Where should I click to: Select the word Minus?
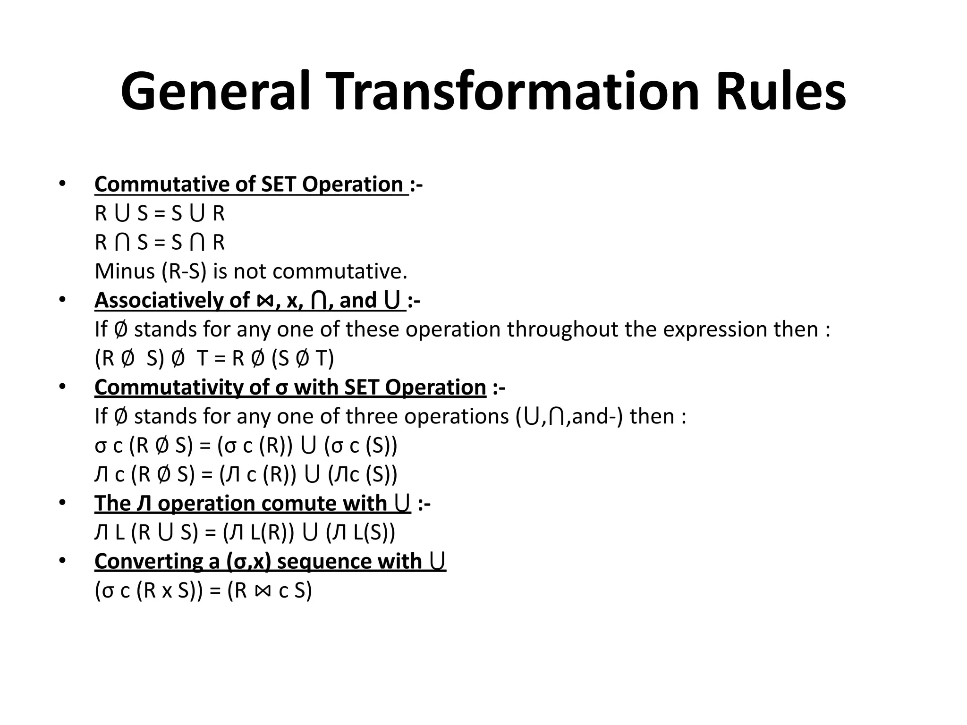pyautogui.click(x=125, y=271)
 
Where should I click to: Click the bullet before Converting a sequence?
pyautogui.click(x=62, y=560)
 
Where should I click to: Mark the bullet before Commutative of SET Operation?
pyautogui.click(x=62, y=183)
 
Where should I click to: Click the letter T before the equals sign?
pyautogui.click(x=202, y=359)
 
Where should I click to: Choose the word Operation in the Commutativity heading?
pyautogui.click(x=435, y=388)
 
